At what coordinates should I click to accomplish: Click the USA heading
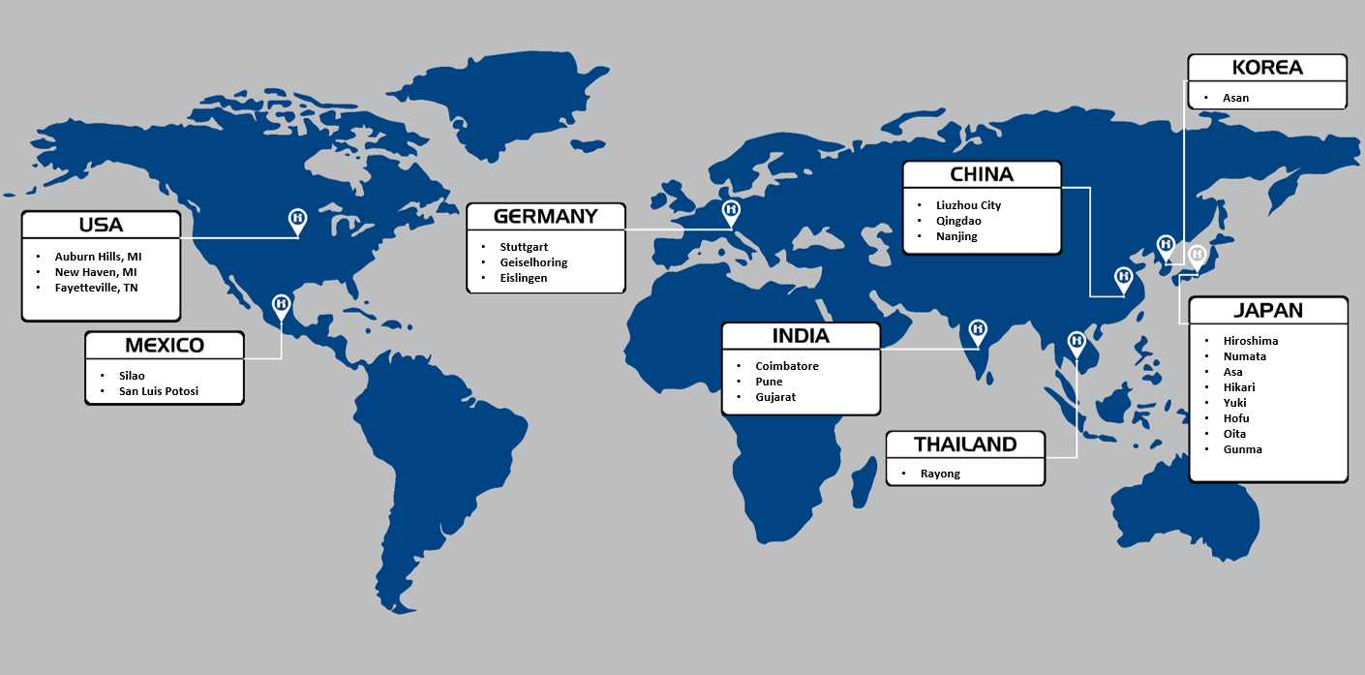click(101, 225)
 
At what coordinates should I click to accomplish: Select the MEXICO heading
click(165, 346)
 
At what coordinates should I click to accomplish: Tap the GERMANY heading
click(545, 216)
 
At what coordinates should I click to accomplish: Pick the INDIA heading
click(801, 336)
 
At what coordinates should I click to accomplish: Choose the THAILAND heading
click(965, 445)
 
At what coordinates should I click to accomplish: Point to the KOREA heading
click(1266, 68)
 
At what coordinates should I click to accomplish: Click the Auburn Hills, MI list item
click(98, 257)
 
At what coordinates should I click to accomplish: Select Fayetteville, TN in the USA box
click(96, 288)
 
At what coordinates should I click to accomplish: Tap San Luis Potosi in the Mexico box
click(166, 392)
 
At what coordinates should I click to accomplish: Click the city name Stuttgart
click(524, 247)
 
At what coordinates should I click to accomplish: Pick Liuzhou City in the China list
click(968, 205)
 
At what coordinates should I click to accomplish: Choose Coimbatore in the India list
click(787, 366)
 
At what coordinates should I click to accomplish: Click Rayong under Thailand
click(940, 475)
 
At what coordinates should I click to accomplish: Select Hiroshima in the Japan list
click(1250, 341)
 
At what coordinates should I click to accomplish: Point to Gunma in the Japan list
click(1242, 449)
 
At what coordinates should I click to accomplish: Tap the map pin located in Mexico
click(282, 305)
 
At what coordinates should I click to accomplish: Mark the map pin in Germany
click(732, 210)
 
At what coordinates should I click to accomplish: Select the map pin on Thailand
click(1077, 342)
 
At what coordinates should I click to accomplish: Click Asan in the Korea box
click(1235, 98)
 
